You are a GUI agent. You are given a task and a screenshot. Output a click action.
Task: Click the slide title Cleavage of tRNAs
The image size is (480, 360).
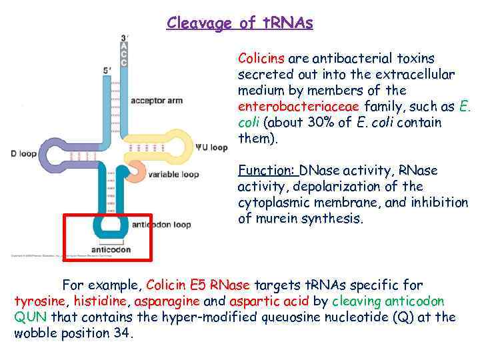tap(239, 23)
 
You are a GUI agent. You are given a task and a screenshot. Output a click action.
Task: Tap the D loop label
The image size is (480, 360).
tap(23, 154)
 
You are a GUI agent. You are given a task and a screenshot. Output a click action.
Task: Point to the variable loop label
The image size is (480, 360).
tap(173, 175)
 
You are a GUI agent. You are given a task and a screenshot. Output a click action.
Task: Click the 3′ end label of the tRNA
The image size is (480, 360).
tap(124, 37)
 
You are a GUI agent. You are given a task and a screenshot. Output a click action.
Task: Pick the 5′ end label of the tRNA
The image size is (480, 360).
tap(107, 70)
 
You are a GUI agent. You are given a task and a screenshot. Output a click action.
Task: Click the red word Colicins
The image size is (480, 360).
tap(261, 58)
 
